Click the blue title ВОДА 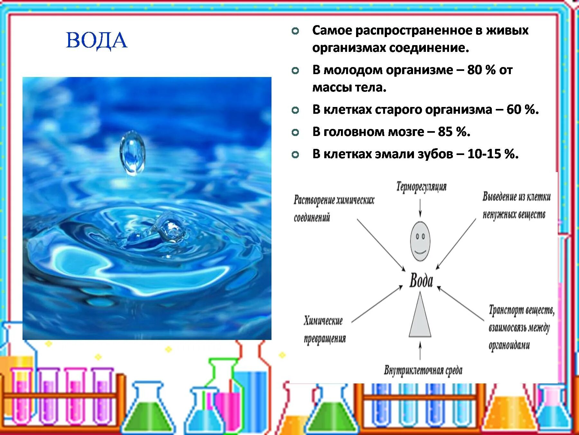click(x=96, y=41)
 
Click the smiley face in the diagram click(x=420, y=241)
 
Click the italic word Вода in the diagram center click(x=421, y=281)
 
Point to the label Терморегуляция click(x=421, y=187)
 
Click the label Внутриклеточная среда click(x=423, y=370)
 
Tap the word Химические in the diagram click(x=323, y=321)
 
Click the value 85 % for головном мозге click(x=454, y=132)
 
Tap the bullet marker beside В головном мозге click(x=295, y=132)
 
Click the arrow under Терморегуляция click(x=420, y=208)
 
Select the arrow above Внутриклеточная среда click(x=420, y=351)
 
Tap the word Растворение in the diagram click(x=314, y=200)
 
